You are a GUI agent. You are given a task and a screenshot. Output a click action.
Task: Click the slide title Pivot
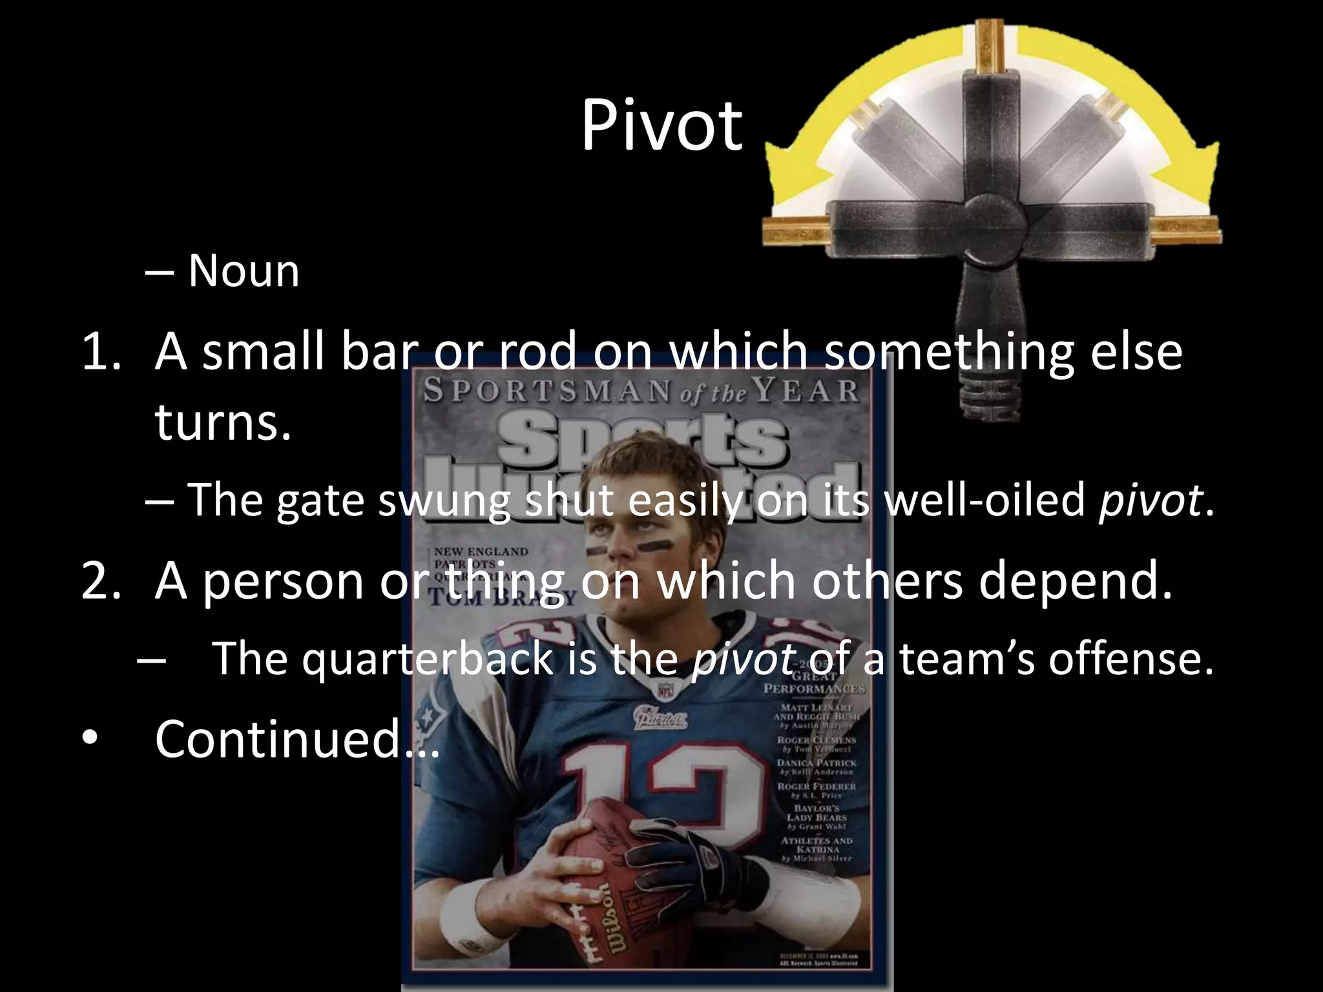pos(661,126)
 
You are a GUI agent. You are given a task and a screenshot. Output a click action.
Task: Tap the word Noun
pos(244,271)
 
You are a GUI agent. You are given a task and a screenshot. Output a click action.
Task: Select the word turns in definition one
pos(223,423)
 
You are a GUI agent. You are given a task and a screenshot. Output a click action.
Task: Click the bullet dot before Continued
pos(90,739)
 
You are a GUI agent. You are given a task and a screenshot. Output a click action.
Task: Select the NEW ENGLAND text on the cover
pos(481,552)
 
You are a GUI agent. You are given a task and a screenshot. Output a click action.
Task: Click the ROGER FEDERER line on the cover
pos(816,787)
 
